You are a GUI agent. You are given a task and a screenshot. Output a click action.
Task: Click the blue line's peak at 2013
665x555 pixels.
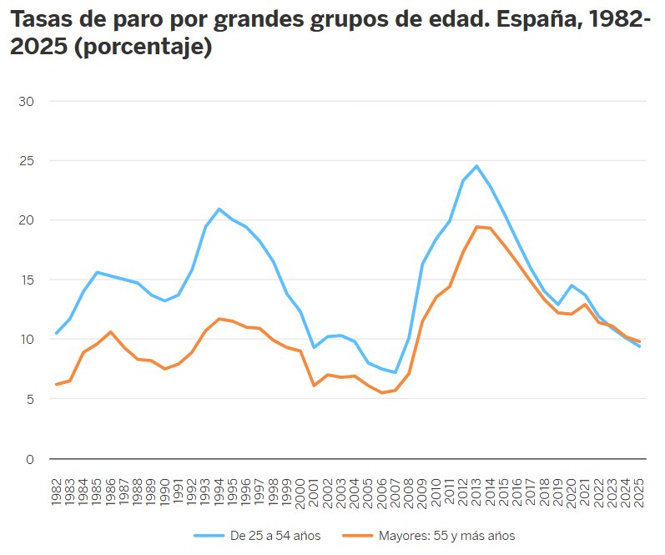476,166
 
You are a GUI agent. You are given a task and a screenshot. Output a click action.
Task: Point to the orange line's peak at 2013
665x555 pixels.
476,227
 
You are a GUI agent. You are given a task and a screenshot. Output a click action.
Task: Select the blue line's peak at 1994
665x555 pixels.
219,209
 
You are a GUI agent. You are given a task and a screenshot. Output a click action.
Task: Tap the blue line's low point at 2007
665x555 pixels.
395,372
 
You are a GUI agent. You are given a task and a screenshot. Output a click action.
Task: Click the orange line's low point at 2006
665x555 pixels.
381,392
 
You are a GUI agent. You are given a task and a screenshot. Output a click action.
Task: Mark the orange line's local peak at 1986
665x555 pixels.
110,332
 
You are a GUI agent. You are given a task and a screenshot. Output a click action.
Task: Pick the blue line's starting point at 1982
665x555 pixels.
56,333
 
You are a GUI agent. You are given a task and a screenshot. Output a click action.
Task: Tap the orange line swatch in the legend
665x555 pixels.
365,535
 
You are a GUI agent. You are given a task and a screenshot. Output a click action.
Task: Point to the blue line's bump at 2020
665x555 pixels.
572,285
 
